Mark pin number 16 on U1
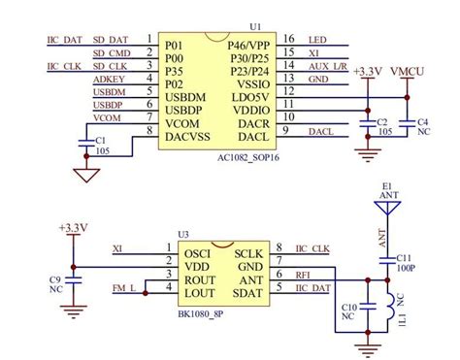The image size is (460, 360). pos(289,41)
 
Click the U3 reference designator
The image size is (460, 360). pos(181,233)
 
